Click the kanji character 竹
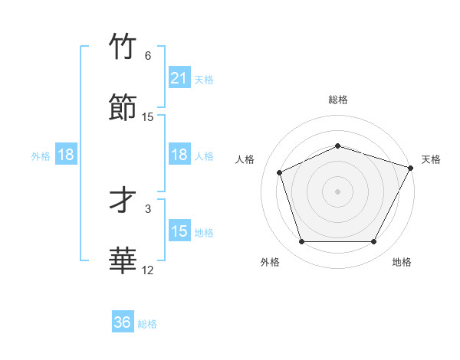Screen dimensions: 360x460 [x=123, y=47]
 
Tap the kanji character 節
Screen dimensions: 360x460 [x=123, y=106]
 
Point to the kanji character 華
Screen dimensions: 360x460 [x=123, y=260]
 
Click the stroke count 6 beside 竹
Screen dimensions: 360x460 [x=148, y=56]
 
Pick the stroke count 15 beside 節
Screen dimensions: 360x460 [x=148, y=116]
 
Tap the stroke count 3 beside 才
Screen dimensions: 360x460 [x=148, y=208]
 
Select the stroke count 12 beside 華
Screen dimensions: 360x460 [x=148, y=270]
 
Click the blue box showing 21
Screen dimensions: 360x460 [x=179, y=78]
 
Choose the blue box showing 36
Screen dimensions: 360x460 [x=123, y=322]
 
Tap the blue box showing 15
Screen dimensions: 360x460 [x=179, y=231]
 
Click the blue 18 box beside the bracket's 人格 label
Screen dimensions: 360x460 [x=179, y=155]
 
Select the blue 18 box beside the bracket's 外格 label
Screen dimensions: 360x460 [x=66, y=155]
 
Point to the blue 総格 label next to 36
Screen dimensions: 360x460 [x=147, y=324]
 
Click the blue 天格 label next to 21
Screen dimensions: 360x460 [x=204, y=79]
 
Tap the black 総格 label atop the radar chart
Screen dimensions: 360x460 [x=337, y=100]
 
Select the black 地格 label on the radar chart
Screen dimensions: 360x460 [x=402, y=262]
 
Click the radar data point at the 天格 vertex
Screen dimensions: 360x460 [x=412, y=168]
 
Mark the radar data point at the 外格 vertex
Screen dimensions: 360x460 [x=301, y=242]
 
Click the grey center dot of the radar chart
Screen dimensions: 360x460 [x=337, y=191]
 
